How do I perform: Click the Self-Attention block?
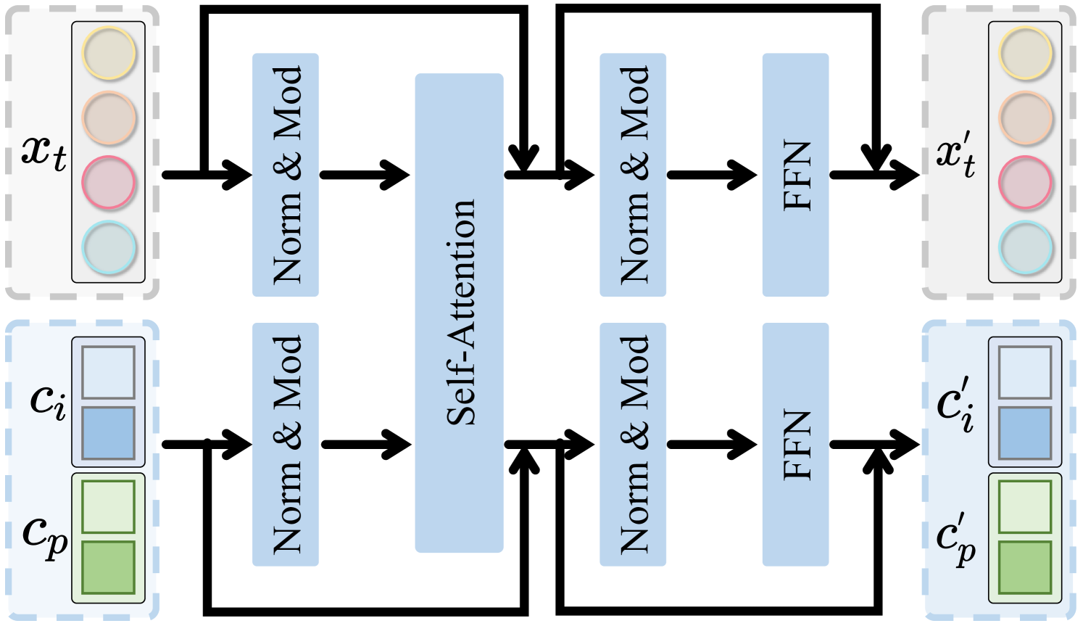pos(459,312)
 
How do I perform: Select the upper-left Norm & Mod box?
pos(285,174)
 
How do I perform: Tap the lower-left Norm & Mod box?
pos(285,444)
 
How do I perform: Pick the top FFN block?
pos(795,174)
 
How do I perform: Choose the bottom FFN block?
pos(795,444)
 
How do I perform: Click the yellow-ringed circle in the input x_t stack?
pos(109,54)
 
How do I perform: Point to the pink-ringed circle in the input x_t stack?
pos(109,183)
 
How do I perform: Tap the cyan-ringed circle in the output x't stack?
pos(1026,247)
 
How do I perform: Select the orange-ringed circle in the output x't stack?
pos(1026,118)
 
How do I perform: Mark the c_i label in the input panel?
pos(48,401)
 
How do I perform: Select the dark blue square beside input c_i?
pos(109,433)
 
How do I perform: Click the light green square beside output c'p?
pos(1025,506)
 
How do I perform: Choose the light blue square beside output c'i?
pos(1025,372)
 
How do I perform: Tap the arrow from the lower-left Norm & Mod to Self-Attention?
pos(366,444)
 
